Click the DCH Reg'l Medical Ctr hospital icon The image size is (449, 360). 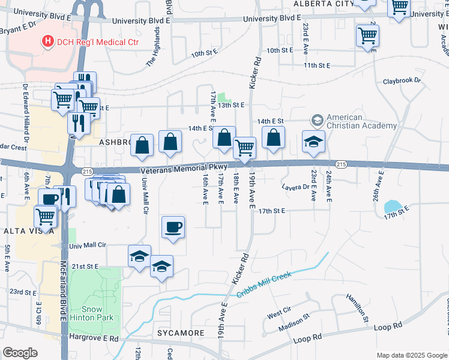point(47,41)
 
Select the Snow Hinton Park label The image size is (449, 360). point(95,303)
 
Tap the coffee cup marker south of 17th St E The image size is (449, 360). point(173,228)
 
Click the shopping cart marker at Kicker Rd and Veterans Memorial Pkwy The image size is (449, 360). point(244,148)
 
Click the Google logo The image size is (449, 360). point(20,352)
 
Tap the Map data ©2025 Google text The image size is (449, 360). point(411,355)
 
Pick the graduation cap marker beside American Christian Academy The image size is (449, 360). point(313,142)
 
